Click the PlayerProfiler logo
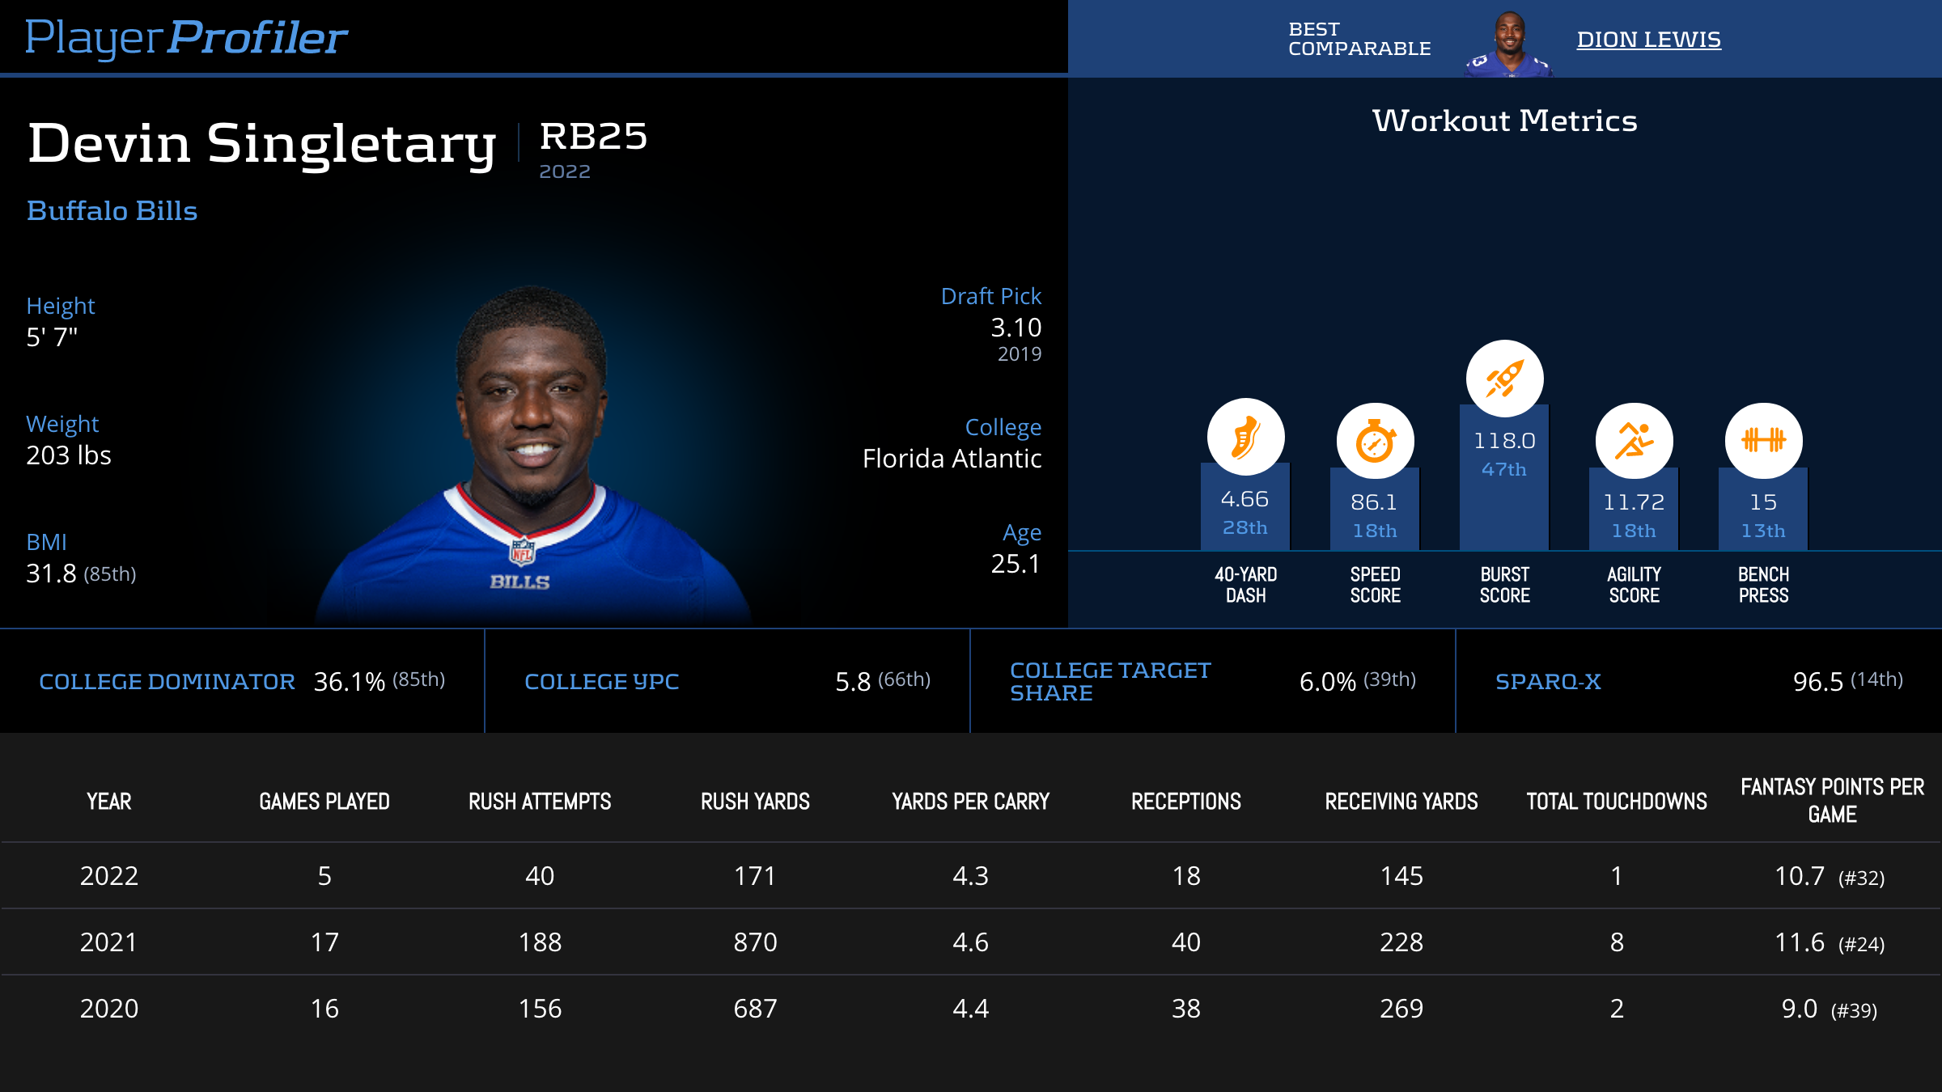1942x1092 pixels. point(186,38)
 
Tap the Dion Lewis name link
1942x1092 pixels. point(1648,40)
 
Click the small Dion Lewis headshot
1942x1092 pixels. point(1508,44)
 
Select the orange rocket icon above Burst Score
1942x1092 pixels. point(1504,379)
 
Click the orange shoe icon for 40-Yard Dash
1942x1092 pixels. point(1245,438)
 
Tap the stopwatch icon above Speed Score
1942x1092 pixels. point(1375,442)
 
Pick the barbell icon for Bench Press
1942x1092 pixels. point(1763,441)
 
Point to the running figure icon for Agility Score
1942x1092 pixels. point(1634,441)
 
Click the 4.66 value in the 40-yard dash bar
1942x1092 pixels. point(1244,499)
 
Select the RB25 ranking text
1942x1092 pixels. point(593,136)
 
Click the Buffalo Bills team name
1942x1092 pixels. point(112,211)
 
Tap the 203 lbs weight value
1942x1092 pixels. point(69,455)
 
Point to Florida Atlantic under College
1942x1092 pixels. point(952,459)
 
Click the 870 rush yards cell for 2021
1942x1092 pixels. point(755,942)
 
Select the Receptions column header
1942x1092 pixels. point(1185,802)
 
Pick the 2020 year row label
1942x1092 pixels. point(109,1009)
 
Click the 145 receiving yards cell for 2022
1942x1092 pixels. point(1401,876)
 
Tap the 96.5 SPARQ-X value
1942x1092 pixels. point(1817,682)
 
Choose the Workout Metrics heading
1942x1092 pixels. point(1504,121)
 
